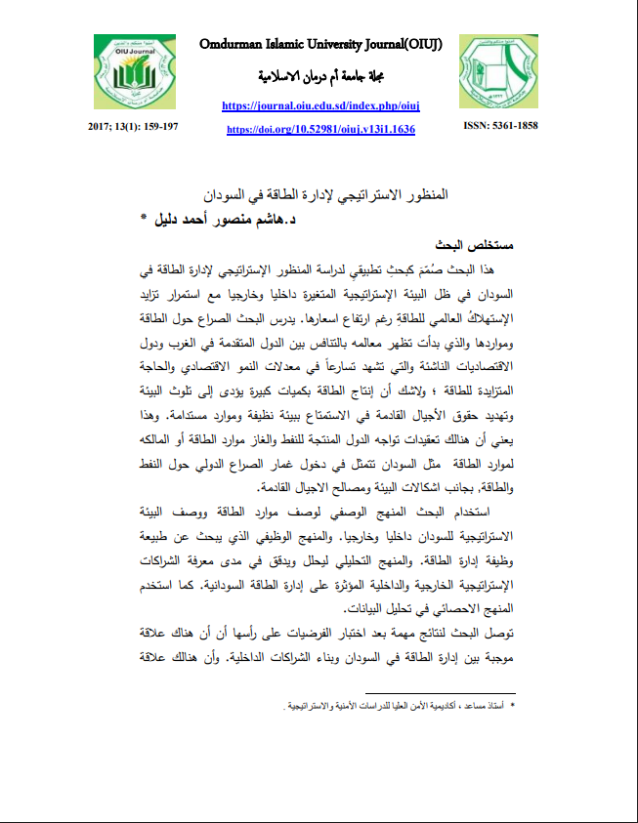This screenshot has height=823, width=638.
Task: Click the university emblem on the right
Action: click(498, 74)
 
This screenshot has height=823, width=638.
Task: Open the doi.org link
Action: click(320, 129)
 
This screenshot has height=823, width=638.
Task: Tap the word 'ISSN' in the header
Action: click(479, 126)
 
